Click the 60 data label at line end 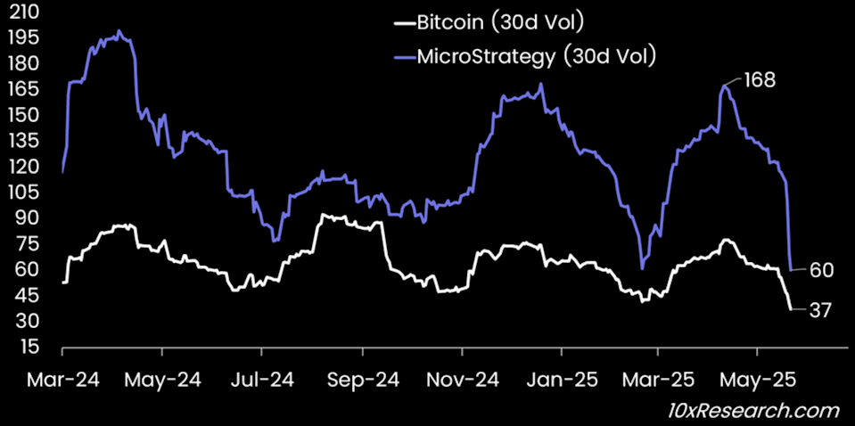tap(821, 270)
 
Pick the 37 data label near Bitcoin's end tap(820, 310)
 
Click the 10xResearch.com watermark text tap(754, 410)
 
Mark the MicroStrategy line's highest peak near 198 tap(119, 30)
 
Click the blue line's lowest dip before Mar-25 tap(642, 267)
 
